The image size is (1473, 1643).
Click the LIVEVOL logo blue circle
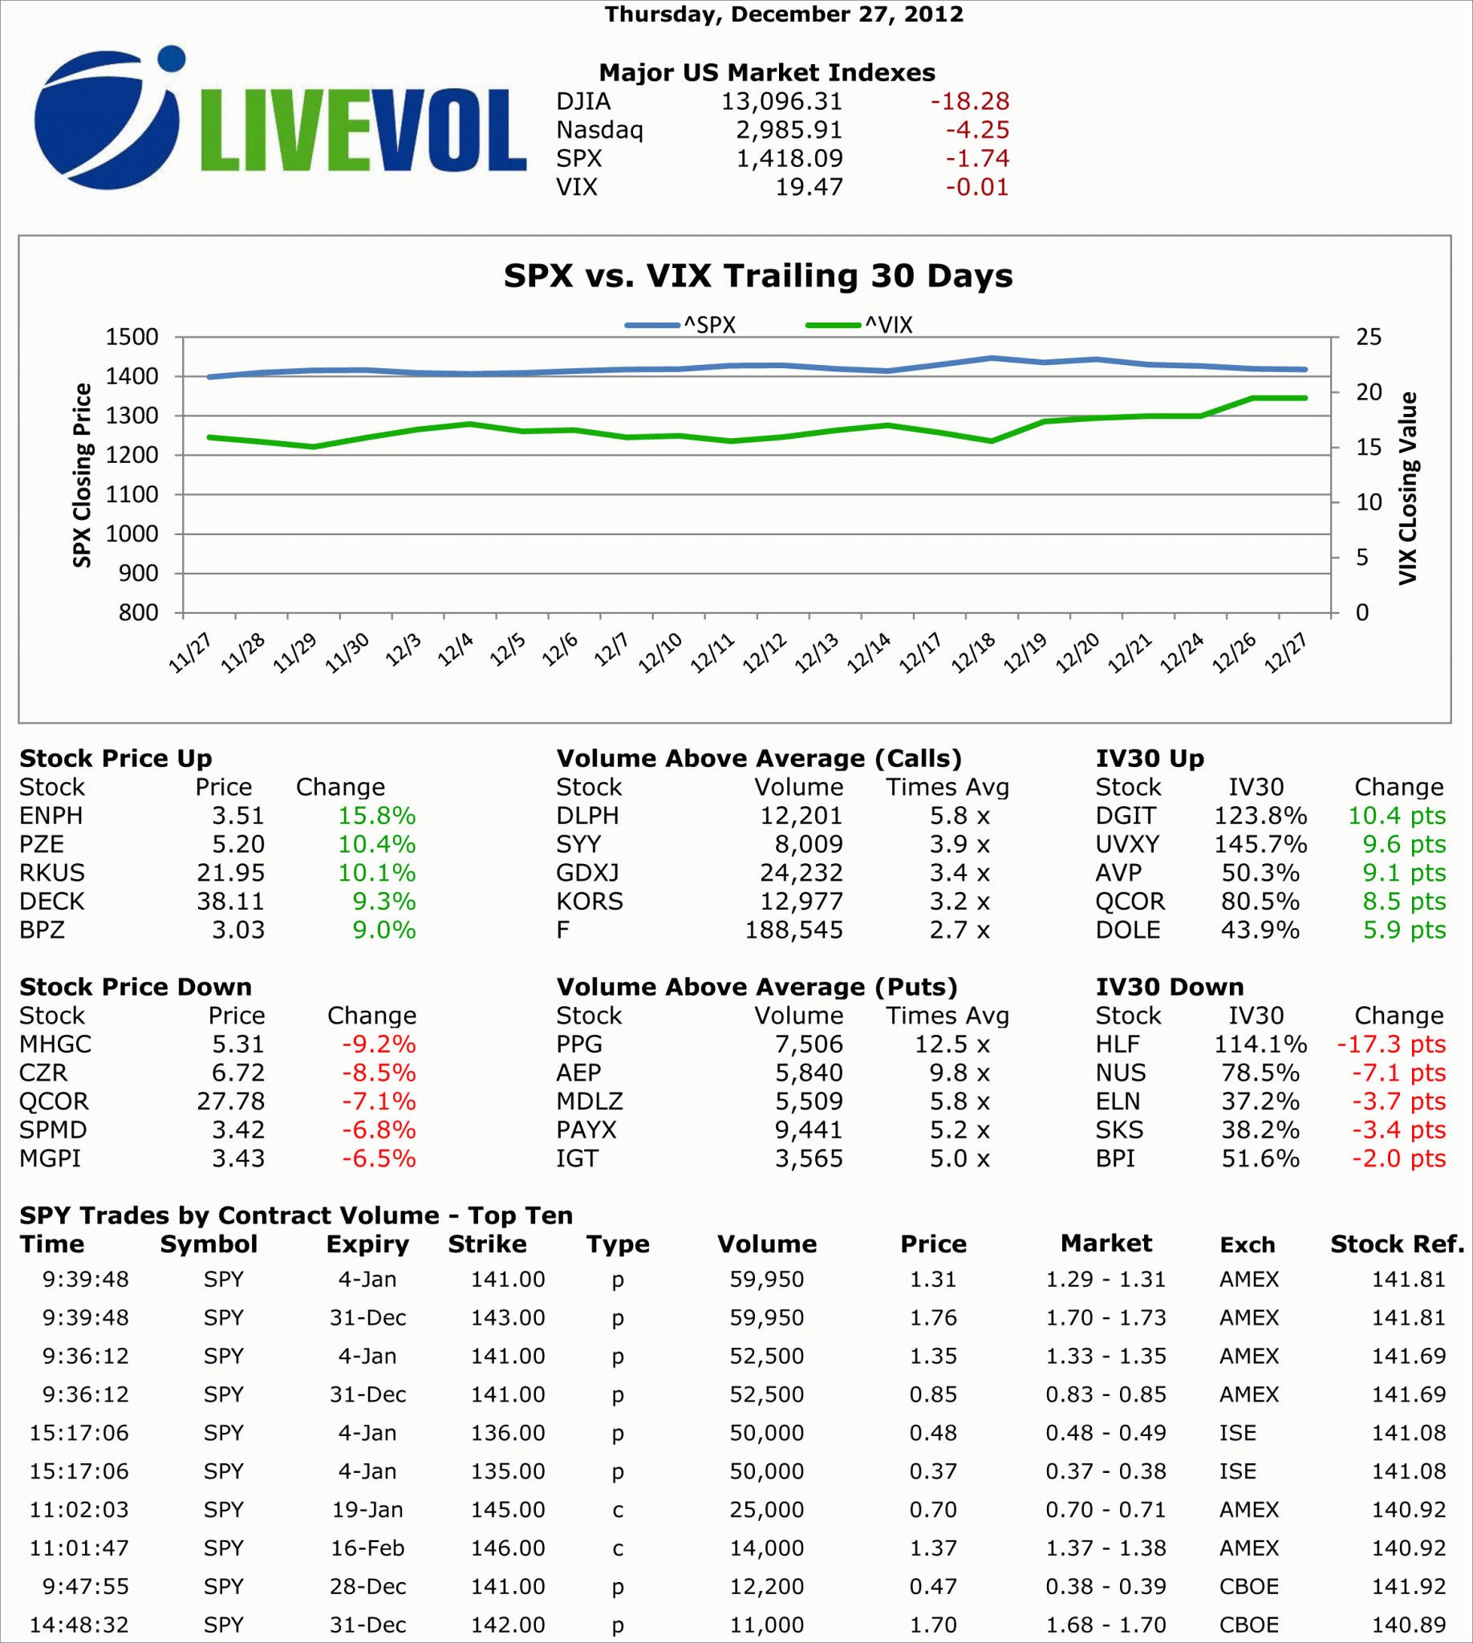[x=105, y=121]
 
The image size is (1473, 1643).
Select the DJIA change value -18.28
[x=970, y=101]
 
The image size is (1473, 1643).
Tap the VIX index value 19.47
[x=809, y=187]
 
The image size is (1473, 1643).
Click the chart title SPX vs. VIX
[x=757, y=276]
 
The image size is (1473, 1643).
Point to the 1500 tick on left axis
[x=132, y=337]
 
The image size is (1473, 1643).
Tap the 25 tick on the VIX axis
[x=1369, y=337]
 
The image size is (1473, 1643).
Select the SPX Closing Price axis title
[x=82, y=475]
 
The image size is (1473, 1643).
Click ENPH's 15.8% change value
[x=376, y=816]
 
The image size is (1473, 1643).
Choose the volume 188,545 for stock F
[x=793, y=930]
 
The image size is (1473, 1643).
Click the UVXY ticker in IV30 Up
[x=1126, y=844]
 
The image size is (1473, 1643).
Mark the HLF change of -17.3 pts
[x=1390, y=1044]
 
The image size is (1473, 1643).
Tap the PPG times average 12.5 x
[x=952, y=1044]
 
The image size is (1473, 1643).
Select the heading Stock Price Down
[x=135, y=987]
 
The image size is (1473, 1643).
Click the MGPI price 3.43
[x=238, y=1158]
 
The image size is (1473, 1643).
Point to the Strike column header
[x=487, y=1244]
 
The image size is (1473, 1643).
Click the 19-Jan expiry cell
[x=367, y=1510]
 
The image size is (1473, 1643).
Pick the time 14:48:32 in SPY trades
[x=79, y=1625]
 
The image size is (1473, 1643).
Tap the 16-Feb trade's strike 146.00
[x=508, y=1548]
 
